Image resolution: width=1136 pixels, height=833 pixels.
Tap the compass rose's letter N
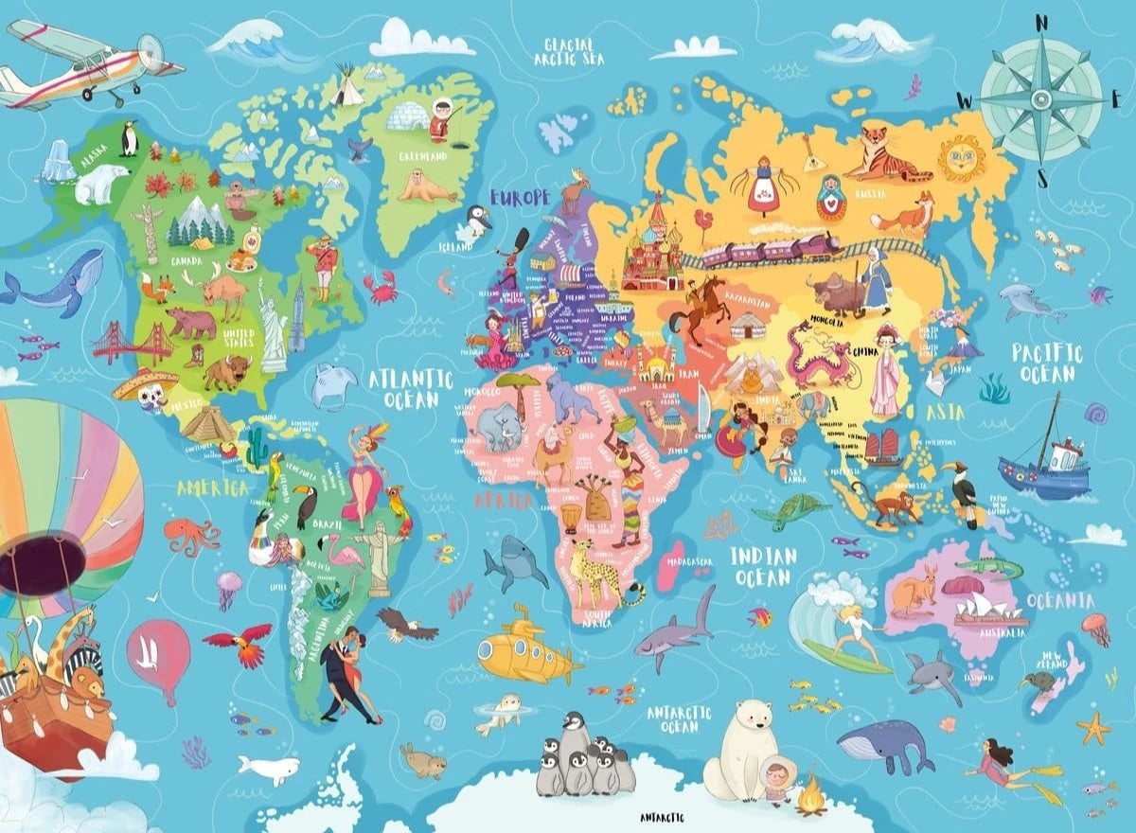coord(1041,23)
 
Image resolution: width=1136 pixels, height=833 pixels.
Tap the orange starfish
coord(1094,729)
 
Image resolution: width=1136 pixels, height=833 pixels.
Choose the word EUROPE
coord(520,198)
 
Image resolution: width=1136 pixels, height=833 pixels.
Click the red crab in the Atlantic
coord(382,286)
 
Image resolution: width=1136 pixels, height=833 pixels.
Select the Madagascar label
coord(688,561)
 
